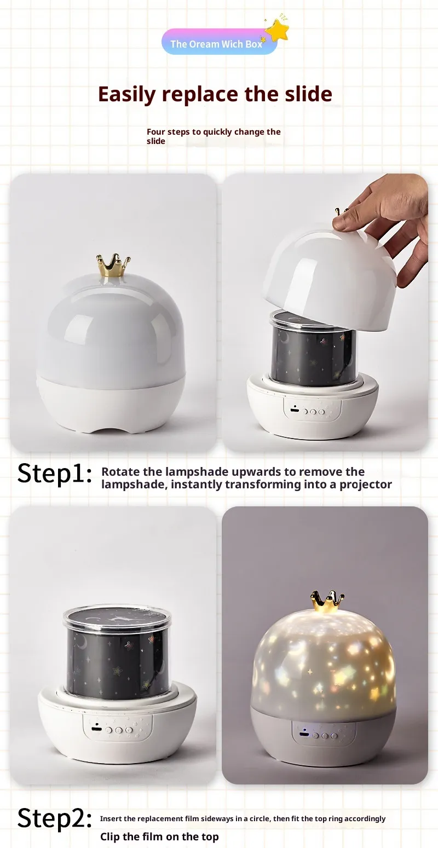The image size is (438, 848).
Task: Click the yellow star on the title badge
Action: [278, 30]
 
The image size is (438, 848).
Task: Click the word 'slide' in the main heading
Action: [309, 94]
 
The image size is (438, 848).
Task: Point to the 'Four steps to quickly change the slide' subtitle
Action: [214, 136]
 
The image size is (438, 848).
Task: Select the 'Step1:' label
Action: [55, 474]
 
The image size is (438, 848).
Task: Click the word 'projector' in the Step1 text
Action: [366, 484]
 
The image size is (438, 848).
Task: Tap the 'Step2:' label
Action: [55, 817]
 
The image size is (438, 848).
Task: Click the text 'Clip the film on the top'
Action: [159, 837]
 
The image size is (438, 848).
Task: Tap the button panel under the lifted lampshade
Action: [312, 409]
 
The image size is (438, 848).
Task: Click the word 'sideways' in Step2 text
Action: [217, 818]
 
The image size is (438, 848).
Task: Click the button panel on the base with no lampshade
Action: [117, 728]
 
